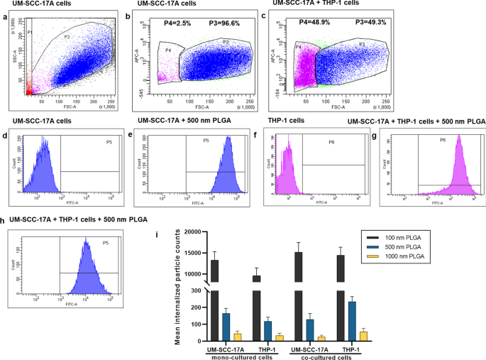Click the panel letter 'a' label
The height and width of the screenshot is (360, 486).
coord(6,17)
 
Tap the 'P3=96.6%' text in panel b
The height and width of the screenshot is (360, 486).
coord(225,23)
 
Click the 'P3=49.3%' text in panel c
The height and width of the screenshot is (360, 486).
coord(366,23)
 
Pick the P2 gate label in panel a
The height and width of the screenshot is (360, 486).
coord(67,35)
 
